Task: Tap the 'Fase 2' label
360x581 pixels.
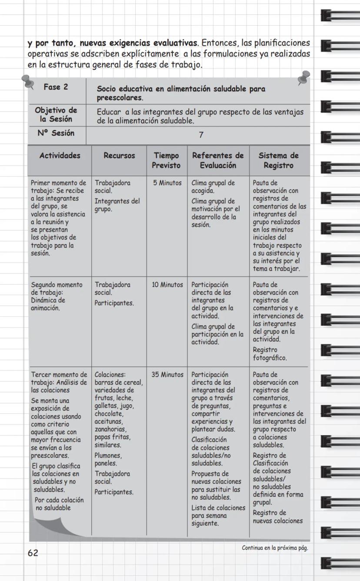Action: click(x=56, y=87)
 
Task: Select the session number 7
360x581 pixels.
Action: click(x=201, y=135)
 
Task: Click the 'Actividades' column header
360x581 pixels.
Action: click(x=60, y=156)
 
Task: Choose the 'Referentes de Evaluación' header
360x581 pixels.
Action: click(x=218, y=160)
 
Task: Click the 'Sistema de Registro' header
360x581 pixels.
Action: click(x=279, y=160)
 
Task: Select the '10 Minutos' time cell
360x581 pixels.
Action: click(x=167, y=285)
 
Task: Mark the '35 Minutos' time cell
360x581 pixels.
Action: click(x=167, y=374)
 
